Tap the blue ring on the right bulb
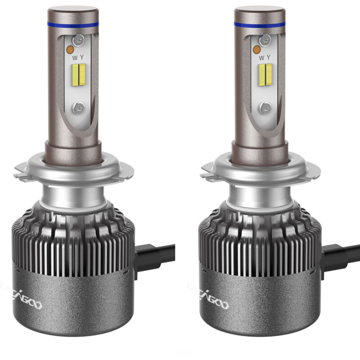pos(260,25)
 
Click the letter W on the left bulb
pos(75,58)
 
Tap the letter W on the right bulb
pos(261,58)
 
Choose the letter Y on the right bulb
pos(269,58)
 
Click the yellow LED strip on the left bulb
pos(82,74)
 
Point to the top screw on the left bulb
pos(80,40)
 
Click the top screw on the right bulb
pos(266,40)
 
